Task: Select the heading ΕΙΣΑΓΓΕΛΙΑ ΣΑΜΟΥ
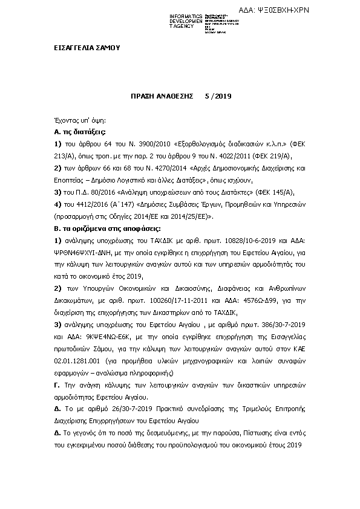tap(83, 48)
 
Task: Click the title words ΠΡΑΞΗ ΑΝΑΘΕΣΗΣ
tap(162, 96)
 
